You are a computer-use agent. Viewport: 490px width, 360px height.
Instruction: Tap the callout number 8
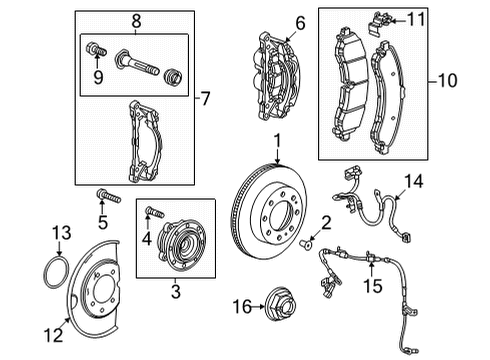tap(138, 17)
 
